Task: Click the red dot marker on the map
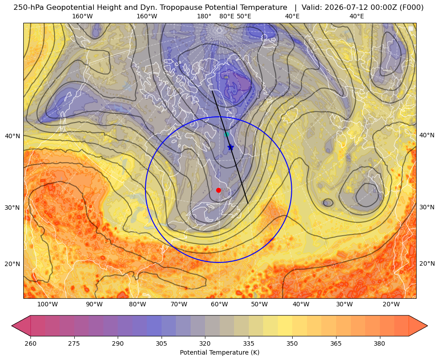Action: click(x=219, y=190)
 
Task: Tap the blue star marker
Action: click(x=230, y=147)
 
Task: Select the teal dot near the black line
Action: click(x=227, y=134)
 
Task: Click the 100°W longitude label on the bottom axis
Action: click(x=47, y=305)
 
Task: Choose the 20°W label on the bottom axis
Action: click(x=391, y=305)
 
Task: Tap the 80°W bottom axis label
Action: click(x=137, y=305)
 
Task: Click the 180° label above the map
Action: click(x=204, y=16)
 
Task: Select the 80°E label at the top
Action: click(x=227, y=16)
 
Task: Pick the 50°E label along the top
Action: click(x=244, y=16)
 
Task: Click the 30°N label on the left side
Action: click(x=13, y=208)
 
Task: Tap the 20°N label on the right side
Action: click(x=427, y=263)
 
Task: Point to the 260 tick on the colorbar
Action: click(x=30, y=343)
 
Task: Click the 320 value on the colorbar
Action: click(x=205, y=343)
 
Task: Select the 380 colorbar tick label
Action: click(x=379, y=343)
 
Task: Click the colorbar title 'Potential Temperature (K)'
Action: click(x=219, y=352)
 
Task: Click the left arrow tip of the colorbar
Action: click(x=12, y=326)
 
